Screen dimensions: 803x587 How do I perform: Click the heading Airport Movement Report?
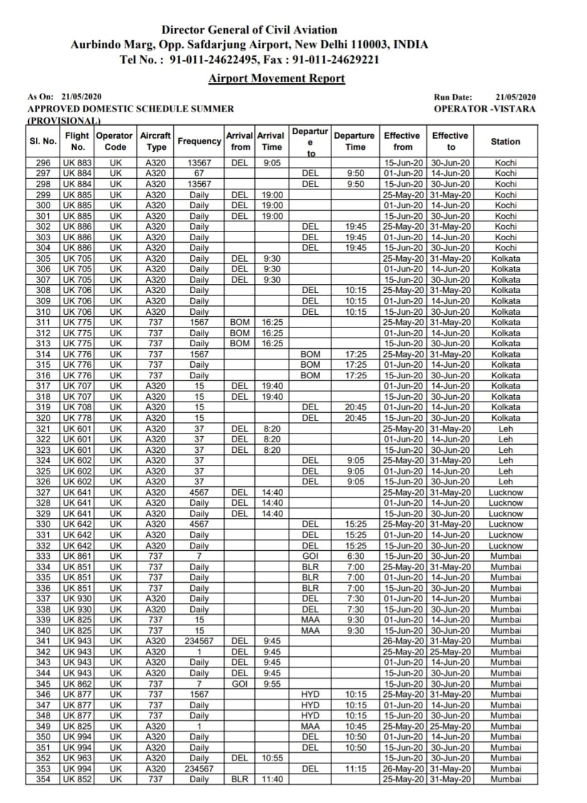pyautogui.click(x=276, y=78)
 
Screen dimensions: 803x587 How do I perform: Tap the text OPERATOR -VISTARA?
pyautogui.click(x=485, y=109)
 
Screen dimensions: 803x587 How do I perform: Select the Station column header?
pyautogui.click(x=505, y=142)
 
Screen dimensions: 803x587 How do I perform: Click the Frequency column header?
pyautogui.click(x=200, y=142)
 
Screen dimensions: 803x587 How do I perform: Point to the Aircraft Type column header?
pyautogui.click(x=156, y=142)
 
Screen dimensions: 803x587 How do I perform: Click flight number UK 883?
pyautogui.click(x=78, y=162)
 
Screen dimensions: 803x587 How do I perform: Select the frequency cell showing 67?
pyautogui.click(x=200, y=173)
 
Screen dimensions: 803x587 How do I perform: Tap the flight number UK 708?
pyautogui.click(x=78, y=407)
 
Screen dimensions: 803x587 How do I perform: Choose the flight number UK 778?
pyautogui.click(x=78, y=418)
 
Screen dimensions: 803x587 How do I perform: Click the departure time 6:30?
pyautogui.click(x=355, y=556)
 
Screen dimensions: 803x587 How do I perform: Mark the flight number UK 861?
pyautogui.click(x=78, y=556)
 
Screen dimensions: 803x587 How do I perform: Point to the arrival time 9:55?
pyautogui.click(x=272, y=683)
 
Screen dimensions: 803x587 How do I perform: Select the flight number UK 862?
pyautogui.click(x=78, y=683)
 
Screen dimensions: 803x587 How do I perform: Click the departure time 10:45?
pyautogui.click(x=355, y=726)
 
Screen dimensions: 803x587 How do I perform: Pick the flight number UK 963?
pyautogui.click(x=78, y=758)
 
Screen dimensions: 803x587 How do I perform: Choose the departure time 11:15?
pyautogui.click(x=355, y=768)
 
